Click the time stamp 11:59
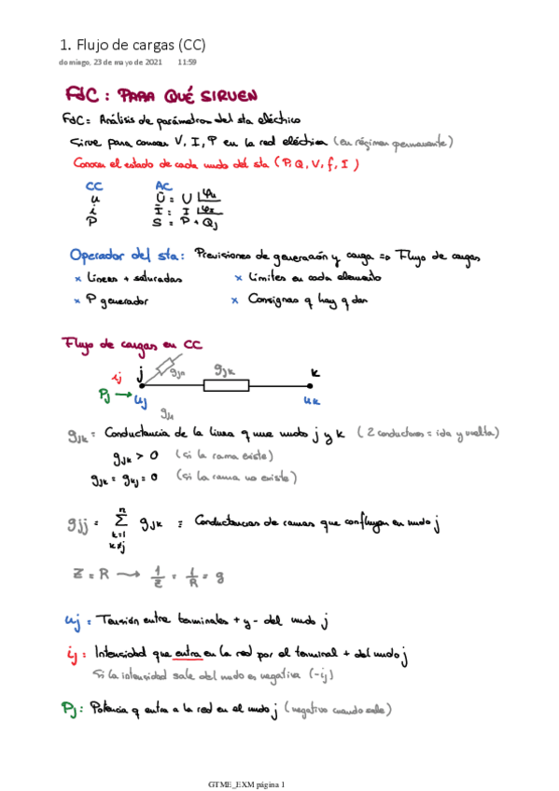(187, 62)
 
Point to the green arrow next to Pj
(121, 395)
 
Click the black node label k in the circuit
(314, 371)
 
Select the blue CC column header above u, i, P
(93, 186)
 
